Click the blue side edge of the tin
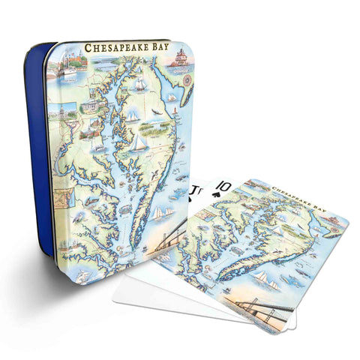click(36, 150)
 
